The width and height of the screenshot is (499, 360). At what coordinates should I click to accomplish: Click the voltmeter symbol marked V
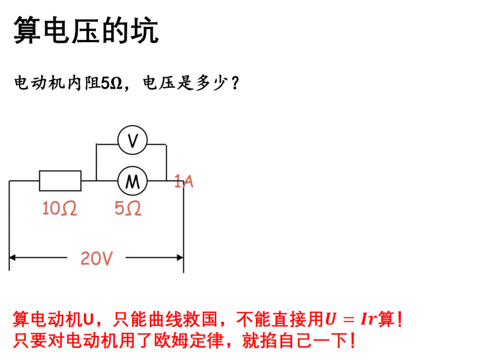pos(133,140)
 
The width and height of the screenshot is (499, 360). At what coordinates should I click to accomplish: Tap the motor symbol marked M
pos(133,181)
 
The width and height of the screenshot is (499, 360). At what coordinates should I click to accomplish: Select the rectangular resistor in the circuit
pos(60,181)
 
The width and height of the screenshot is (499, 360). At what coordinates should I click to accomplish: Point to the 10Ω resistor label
pos(60,208)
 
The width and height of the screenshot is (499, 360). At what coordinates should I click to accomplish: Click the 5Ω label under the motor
pos(128,208)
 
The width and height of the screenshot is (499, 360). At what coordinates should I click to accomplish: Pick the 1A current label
pos(184,181)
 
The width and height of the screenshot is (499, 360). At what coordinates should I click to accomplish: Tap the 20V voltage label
pos(96,258)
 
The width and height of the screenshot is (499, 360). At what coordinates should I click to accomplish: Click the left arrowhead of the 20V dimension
pos(13,257)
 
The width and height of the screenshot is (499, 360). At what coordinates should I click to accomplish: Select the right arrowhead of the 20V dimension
pos(180,257)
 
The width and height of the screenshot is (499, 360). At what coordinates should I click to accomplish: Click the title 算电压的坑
pos(86,30)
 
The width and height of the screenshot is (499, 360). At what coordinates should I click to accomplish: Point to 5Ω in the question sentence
pos(112,83)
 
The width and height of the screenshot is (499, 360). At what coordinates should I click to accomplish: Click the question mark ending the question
pos(236,83)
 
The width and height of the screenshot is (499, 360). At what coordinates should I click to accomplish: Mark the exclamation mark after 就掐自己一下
pos(352,341)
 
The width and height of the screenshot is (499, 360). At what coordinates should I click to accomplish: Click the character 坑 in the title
pos(145,30)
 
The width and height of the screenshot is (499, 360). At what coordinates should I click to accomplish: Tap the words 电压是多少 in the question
pos(185,83)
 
